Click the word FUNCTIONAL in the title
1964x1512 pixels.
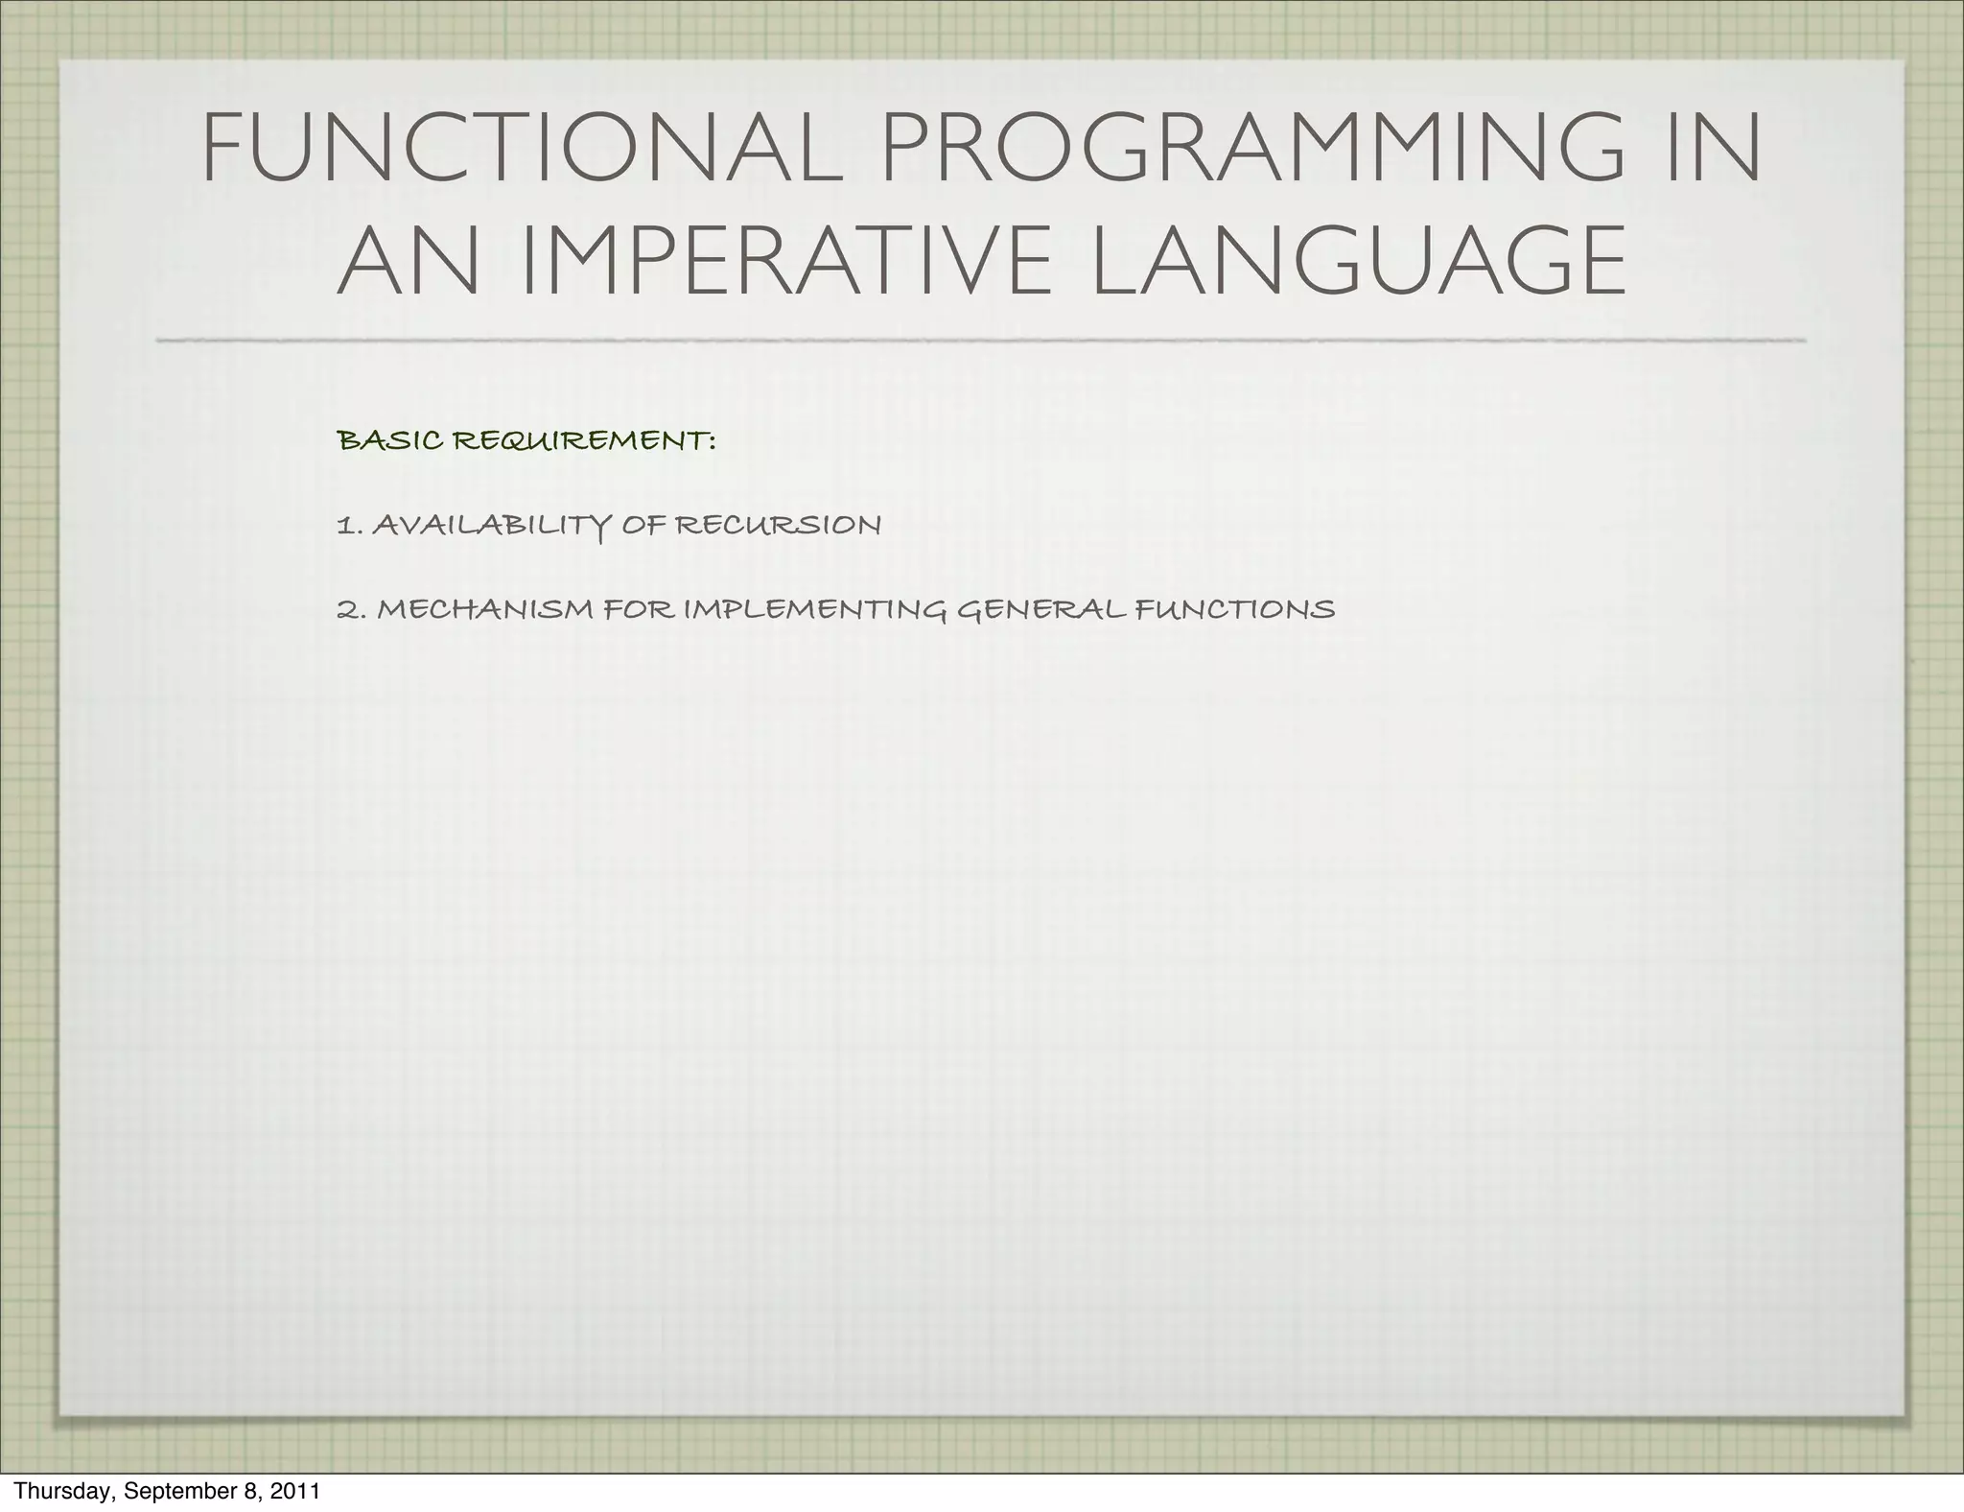(x=522, y=150)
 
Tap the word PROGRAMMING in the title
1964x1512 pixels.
(x=1252, y=150)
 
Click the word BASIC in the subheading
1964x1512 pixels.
(x=390, y=441)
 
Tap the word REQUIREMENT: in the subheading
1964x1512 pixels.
(x=584, y=441)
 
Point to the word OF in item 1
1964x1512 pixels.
(x=643, y=526)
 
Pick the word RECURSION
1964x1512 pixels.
(x=778, y=526)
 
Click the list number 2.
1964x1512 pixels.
(x=349, y=609)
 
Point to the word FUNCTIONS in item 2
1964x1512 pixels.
(x=1235, y=609)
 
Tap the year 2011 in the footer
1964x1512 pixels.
(x=294, y=1492)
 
